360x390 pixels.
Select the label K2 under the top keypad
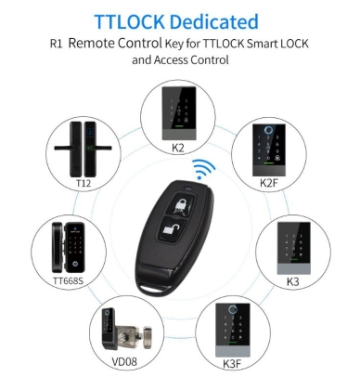[178, 146]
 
